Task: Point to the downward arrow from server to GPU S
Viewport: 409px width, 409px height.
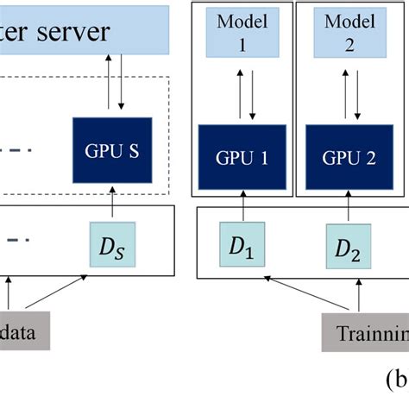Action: (x=122, y=82)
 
